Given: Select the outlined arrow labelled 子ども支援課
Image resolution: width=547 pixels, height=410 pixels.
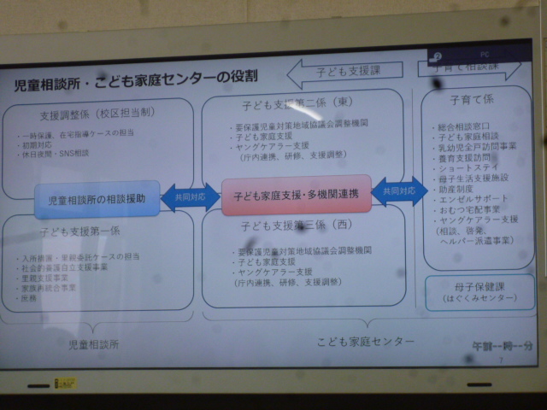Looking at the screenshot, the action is tap(347, 73).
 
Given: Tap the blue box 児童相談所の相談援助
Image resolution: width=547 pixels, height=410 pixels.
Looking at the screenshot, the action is tap(97, 199).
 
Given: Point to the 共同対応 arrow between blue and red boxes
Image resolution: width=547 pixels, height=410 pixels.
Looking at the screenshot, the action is tap(190, 197).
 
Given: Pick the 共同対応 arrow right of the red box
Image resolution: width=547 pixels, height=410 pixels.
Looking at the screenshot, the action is tap(399, 192).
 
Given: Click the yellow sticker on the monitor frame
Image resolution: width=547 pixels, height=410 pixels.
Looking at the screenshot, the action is tap(65, 384).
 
